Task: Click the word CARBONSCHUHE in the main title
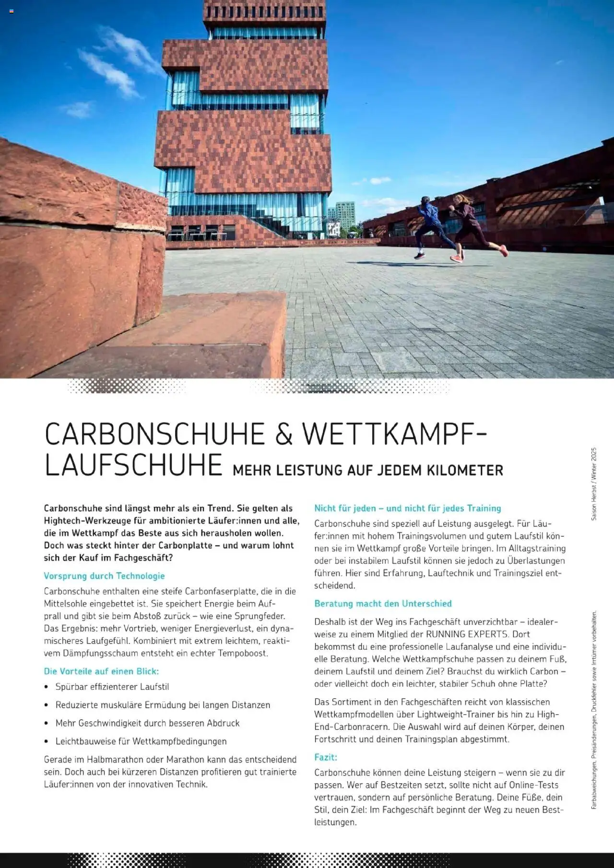(x=154, y=434)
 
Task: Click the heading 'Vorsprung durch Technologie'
(x=104, y=576)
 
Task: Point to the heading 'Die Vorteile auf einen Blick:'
(x=101, y=671)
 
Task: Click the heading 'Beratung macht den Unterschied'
(x=383, y=604)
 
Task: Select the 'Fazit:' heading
(x=326, y=758)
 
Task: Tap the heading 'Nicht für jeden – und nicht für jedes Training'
(x=407, y=508)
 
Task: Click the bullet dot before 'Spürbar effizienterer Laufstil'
(x=46, y=687)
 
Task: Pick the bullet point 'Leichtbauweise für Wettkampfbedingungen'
(x=141, y=741)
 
